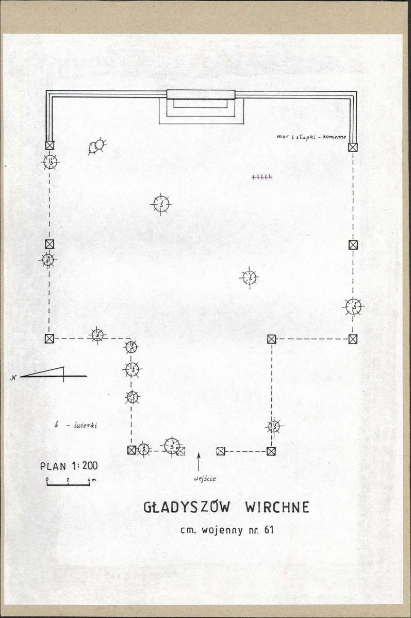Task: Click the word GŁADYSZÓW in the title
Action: coord(186,507)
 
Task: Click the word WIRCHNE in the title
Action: coord(277,507)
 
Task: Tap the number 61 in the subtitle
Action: coord(269,530)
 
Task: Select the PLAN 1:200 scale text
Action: coord(69,466)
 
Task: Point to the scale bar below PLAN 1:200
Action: coord(68,483)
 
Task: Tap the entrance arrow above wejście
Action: coord(199,462)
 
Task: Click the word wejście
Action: coord(205,479)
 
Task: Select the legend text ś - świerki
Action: coord(76,425)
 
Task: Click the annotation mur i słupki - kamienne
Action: coord(311,137)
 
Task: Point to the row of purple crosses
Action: coord(261,177)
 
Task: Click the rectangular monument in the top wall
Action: coord(201,94)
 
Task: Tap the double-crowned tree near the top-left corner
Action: coord(96,147)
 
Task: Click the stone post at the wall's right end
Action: coord(353,148)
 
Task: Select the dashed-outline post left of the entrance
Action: coord(181,451)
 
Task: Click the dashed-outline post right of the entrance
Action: coord(221,451)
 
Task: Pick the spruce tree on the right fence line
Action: coord(353,306)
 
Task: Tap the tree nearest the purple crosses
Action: coord(250,278)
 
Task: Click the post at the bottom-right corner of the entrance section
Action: coord(271,451)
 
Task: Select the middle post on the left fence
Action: coord(50,245)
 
